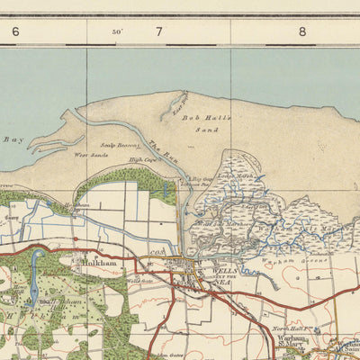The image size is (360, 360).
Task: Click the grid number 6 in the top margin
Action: pos(15,31)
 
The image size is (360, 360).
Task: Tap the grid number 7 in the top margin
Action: pos(159,31)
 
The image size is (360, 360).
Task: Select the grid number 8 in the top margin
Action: pos(302,31)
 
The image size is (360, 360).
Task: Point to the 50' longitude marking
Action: pos(117,31)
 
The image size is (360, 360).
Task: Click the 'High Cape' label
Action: pos(141,160)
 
